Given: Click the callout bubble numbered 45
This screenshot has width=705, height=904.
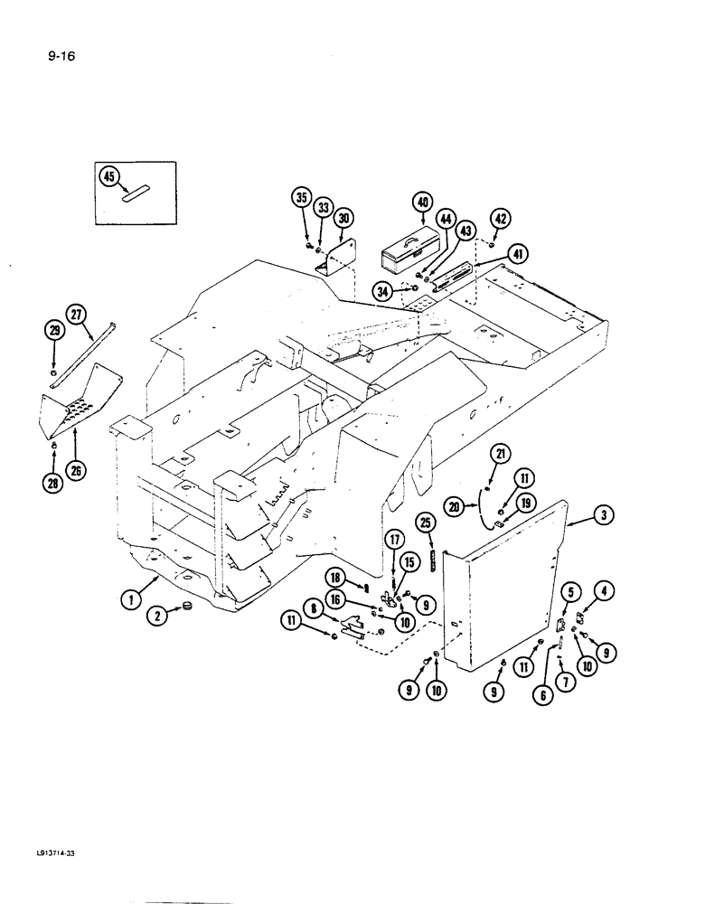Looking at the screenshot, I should click(x=109, y=177).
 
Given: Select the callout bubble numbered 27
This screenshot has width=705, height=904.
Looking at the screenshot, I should click(x=76, y=315).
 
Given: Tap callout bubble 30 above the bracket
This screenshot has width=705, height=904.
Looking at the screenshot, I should click(x=343, y=219).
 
